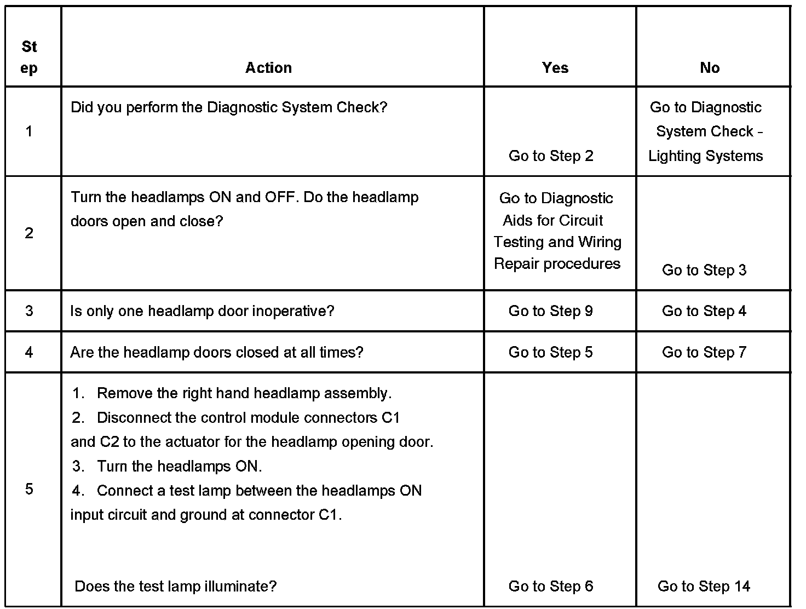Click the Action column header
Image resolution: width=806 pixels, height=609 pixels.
(268, 68)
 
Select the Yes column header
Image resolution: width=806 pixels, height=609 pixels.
(555, 68)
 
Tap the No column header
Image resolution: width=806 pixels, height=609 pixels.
(710, 68)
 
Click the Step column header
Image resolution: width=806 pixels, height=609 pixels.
(29, 58)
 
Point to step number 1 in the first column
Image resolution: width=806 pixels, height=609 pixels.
(28, 131)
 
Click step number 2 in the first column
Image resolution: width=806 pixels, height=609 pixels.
(29, 233)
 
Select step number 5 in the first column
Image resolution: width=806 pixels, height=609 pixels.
(29, 489)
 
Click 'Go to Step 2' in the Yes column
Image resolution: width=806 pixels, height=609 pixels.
(551, 156)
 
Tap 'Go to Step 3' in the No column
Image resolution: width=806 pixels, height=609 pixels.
(704, 270)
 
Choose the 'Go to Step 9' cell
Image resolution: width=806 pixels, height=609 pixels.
(550, 311)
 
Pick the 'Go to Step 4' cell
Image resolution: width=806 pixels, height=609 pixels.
(704, 311)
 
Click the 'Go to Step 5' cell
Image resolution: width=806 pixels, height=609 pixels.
(550, 352)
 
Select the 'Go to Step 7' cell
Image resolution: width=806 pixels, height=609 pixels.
(704, 352)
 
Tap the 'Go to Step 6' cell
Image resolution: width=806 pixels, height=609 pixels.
(550, 587)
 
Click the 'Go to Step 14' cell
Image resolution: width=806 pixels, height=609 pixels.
(704, 587)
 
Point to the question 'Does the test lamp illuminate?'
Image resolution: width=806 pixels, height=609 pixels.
(176, 587)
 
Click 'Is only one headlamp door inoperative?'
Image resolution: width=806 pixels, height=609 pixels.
(202, 311)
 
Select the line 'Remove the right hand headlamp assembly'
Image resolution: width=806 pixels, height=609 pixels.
(244, 393)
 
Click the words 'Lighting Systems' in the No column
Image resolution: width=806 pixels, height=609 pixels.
(705, 156)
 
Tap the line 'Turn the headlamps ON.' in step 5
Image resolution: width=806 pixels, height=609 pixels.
(179, 467)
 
